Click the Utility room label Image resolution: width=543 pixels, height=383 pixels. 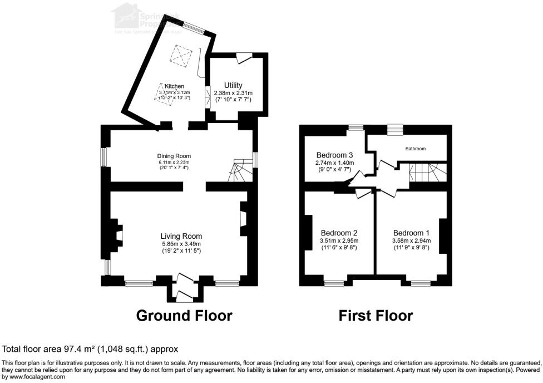coord(233,85)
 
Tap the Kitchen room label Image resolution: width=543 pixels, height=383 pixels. coord(174,86)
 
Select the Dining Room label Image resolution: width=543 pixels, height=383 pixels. coord(174,156)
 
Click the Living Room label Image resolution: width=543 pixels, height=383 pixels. coord(181,235)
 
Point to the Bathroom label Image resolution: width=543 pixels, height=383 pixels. coord(415,149)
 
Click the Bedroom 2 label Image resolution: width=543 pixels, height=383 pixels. coord(339,233)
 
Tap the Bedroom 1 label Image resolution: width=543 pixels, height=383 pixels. coord(411,233)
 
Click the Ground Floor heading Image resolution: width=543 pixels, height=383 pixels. coord(184,316)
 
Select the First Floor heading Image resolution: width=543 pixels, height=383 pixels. coord(376,316)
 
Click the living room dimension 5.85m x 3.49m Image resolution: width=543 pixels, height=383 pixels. coord(181,244)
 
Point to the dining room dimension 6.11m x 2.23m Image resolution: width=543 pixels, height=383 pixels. coord(174,163)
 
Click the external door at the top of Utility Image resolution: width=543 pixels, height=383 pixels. coord(244,57)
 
